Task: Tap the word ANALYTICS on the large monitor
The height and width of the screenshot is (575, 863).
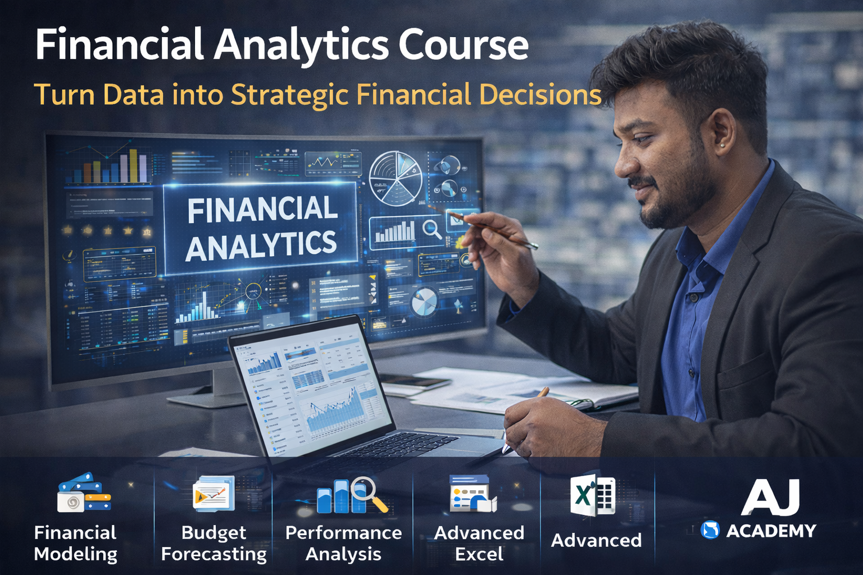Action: coord(261,245)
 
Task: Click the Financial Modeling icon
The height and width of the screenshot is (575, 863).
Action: coord(84,493)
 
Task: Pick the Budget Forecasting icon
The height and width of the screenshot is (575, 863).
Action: coord(213,493)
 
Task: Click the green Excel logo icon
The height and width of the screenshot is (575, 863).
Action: coord(593,496)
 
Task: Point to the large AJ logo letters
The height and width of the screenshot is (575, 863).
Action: coord(770,497)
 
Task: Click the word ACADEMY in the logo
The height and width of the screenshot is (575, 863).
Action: coord(771,531)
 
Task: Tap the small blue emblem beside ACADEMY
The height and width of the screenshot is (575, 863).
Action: coord(710,530)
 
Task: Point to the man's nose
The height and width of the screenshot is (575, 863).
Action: coord(625,163)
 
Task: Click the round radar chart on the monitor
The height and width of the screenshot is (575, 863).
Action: coord(395,178)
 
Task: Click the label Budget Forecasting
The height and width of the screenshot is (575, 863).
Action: coord(214,543)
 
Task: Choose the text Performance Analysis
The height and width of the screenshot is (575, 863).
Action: coord(343,543)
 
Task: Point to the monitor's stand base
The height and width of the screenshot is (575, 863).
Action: coord(202,399)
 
